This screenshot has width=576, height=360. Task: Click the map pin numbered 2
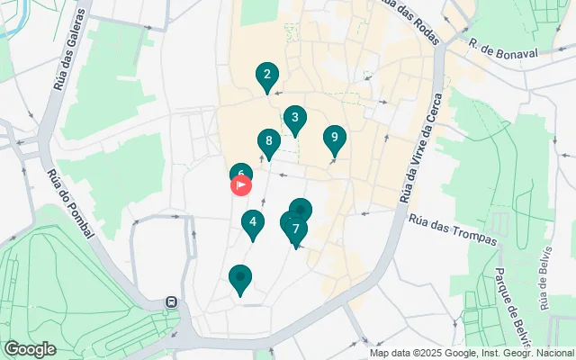click(x=265, y=76)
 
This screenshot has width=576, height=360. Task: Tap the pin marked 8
click(x=267, y=142)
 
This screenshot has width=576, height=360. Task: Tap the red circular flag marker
click(x=242, y=185)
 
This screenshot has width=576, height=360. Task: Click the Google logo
click(x=29, y=348)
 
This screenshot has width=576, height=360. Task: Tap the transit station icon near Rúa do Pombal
click(x=171, y=302)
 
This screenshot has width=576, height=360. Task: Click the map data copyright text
click(x=471, y=353)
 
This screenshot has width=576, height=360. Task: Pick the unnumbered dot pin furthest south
click(x=240, y=278)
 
